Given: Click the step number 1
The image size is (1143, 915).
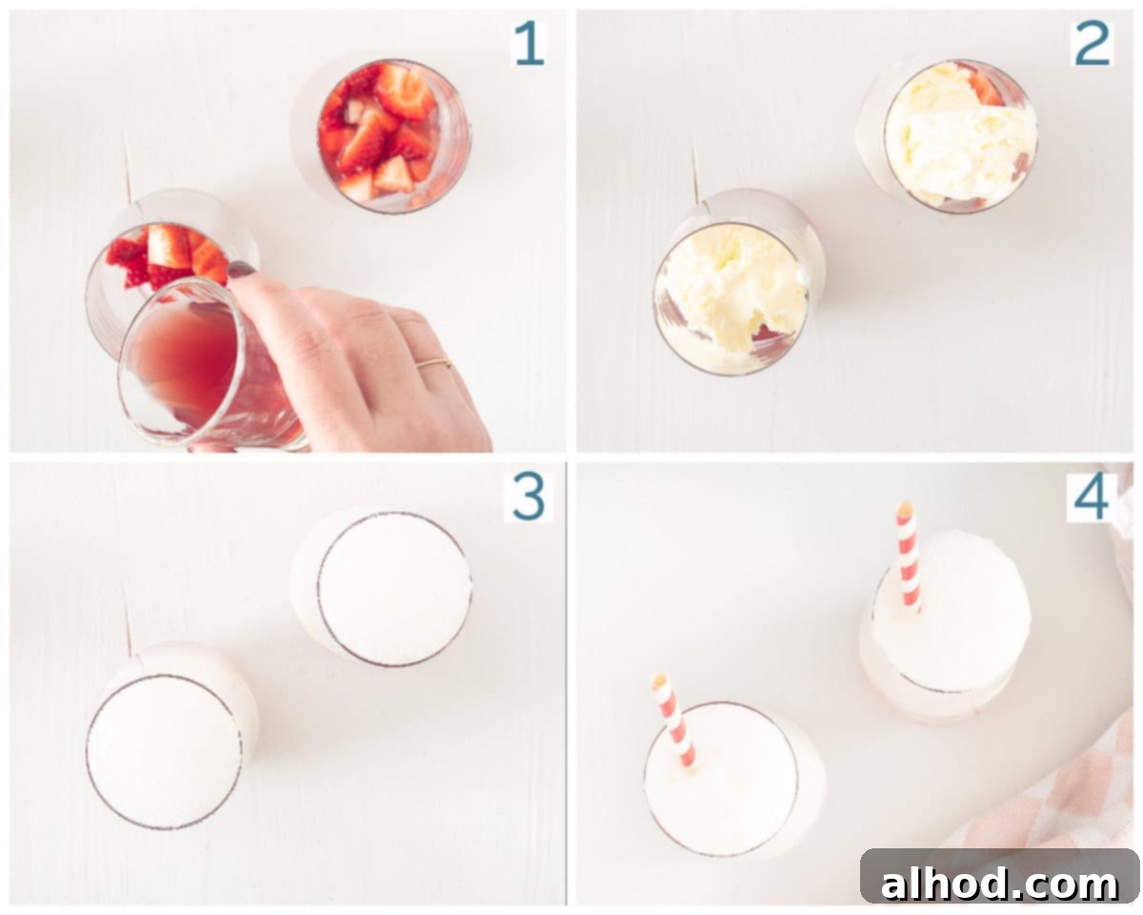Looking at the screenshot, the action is coord(530,44).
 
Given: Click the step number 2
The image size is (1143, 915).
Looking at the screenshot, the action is coord(1092,44).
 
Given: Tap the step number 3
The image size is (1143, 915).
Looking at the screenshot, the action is coord(529,498).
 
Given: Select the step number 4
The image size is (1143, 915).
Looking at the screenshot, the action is coord(1091,498).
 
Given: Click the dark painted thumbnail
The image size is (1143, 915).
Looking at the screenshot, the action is coord(241,269).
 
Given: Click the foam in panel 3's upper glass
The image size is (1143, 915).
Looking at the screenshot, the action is coord(393,589).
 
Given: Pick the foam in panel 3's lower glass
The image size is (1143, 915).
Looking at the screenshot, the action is coord(164,752).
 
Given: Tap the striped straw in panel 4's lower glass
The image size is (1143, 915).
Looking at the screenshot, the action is coord(673,721).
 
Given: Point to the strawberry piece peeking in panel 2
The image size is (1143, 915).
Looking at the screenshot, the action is coord(986,89).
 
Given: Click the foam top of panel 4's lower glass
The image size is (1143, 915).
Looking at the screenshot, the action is coord(721,780).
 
